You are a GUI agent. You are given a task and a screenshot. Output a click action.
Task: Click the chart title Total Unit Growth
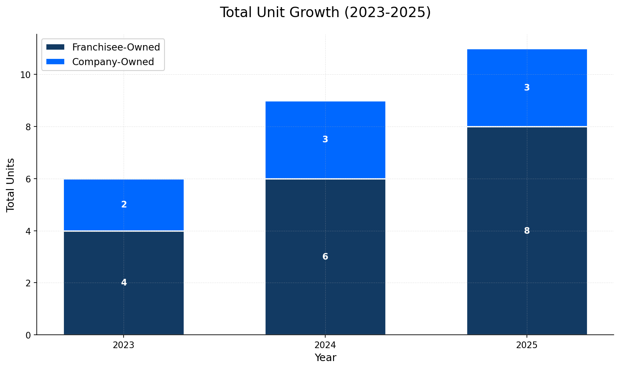point(325,13)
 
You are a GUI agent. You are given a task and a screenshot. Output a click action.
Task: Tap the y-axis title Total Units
point(11,184)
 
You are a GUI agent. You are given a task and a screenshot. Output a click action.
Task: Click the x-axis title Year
point(325,358)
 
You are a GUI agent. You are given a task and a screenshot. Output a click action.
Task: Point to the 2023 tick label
point(124,345)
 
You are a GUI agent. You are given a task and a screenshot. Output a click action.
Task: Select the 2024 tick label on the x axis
point(325,345)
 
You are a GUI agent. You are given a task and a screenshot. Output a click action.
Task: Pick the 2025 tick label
point(527,345)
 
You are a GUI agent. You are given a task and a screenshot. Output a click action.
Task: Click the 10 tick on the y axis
point(25,75)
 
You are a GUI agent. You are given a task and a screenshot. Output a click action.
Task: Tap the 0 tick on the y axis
point(28,335)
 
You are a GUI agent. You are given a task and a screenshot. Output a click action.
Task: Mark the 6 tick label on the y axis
point(28,179)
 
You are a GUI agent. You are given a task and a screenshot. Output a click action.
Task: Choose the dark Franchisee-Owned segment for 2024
point(325,292)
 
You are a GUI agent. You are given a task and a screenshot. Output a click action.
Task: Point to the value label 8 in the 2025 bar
point(527,231)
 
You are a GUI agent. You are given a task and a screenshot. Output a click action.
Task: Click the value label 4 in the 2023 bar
point(124,283)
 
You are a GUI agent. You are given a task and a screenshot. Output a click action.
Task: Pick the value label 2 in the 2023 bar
point(124,205)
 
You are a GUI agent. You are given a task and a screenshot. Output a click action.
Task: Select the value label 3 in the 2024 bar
point(325,139)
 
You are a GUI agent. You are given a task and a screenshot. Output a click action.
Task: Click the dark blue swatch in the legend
point(55,47)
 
